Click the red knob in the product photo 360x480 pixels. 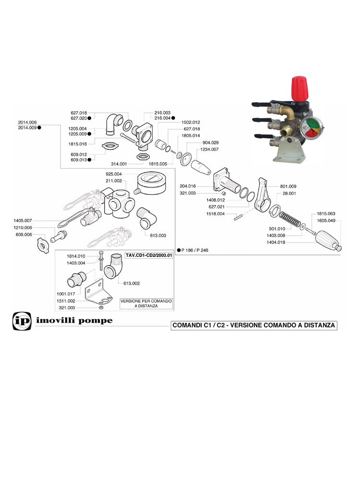tap(300, 89)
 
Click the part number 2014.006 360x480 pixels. tap(28, 122)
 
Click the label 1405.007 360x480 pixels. tap(22, 220)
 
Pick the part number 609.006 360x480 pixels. tap(23, 234)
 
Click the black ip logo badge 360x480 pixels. tap(21, 321)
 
